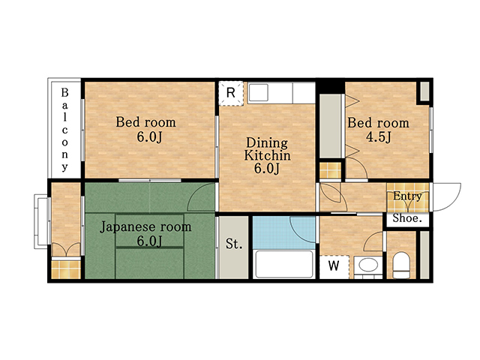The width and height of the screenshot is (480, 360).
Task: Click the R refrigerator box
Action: tap(231, 93)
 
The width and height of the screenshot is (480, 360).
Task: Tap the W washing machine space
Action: tap(334, 266)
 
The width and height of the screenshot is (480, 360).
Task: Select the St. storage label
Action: tap(234, 244)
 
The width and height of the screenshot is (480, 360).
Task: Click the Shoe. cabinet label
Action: tap(407, 218)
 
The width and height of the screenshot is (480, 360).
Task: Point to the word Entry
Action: tap(407, 196)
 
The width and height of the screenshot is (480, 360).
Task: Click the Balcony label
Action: tap(64, 130)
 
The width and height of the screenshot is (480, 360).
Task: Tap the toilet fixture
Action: tap(401, 265)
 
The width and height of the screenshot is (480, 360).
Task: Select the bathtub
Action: tap(284, 264)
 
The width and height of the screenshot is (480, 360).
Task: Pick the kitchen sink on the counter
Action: tap(259, 93)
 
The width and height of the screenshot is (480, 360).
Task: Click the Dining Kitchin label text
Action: tap(267, 149)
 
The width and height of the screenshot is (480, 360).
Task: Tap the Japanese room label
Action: tap(145, 226)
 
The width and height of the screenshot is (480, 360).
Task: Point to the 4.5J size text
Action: tap(379, 136)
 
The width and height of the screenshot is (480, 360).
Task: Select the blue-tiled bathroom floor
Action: tap(283, 232)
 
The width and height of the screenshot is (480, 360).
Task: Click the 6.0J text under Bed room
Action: tap(149, 136)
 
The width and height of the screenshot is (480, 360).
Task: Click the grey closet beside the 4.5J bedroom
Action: tap(330, 126)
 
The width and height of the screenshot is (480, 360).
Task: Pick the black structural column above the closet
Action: tap(330, 86)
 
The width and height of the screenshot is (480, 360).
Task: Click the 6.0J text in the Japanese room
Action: tap(149, 241)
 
